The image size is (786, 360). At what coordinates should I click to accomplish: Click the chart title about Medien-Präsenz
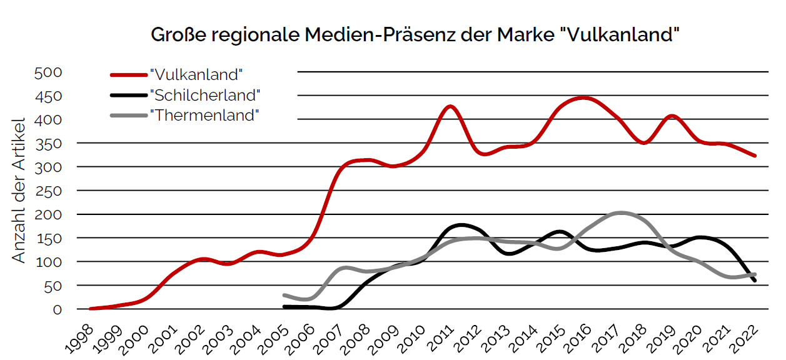[x=415, y=35]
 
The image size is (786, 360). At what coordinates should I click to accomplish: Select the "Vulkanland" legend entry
[x=196, y=74]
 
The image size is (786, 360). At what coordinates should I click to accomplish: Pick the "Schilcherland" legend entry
[x=205, y=95]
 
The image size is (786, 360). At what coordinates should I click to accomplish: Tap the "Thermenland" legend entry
[x=204, y=116]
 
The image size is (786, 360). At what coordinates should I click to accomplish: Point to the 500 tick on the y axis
[x=48, y=72]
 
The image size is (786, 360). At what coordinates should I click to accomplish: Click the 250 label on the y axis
[x=48, y=191]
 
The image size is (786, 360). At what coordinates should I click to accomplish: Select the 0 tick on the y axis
[x=57, y=309]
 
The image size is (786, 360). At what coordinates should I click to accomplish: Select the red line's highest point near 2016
[x=583, y=97]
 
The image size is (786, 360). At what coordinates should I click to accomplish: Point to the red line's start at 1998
[x=91, y=309]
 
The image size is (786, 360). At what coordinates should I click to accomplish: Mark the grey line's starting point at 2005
[x=285, y=295]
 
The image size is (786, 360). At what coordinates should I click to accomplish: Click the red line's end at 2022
[x=755, y=156]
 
